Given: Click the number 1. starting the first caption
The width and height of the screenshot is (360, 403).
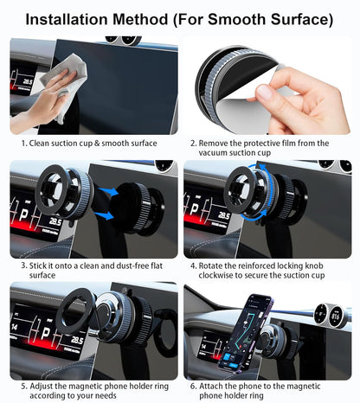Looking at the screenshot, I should [x=24, y=143].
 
